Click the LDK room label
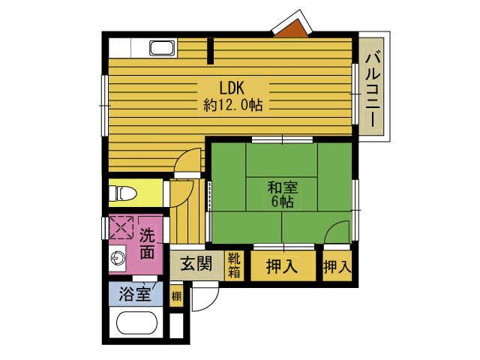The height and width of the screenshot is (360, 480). [x=232, y=88]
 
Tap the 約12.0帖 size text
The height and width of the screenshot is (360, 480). [x=233, y=105]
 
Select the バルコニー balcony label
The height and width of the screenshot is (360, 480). [x=373, y=90]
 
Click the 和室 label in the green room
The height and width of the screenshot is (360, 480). [x=282, y=187]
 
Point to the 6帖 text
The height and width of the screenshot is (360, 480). [x=282, y=202]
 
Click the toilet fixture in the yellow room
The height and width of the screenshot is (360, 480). [x=123, y=193]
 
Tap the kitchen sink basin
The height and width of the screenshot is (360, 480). [x=162, y=48]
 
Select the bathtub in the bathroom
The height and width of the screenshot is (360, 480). [x=136, y=322]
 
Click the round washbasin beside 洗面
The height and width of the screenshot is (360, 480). [x=118, y=258]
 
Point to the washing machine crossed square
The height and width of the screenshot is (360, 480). [x=121, y=227]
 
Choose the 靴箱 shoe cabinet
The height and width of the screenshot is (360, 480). [x=234, y=265]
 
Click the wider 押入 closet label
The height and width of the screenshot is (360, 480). [x=282, y=265]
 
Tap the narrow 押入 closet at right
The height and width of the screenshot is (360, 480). [x=337, y=265]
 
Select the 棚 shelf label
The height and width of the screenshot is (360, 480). [x=176, y=296]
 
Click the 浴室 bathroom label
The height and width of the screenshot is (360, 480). [x=135, y=293]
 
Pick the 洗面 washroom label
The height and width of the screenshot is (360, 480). [x=147, y=244]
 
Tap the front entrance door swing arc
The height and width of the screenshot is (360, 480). [x=211, y=303]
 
